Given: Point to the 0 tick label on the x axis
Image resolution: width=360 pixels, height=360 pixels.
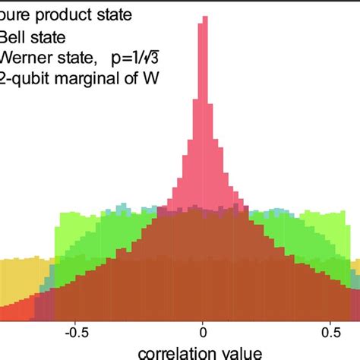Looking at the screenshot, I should click(x=203, y=331).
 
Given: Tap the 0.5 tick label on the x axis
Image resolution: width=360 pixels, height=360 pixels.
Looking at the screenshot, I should click(x=331, y=331).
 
